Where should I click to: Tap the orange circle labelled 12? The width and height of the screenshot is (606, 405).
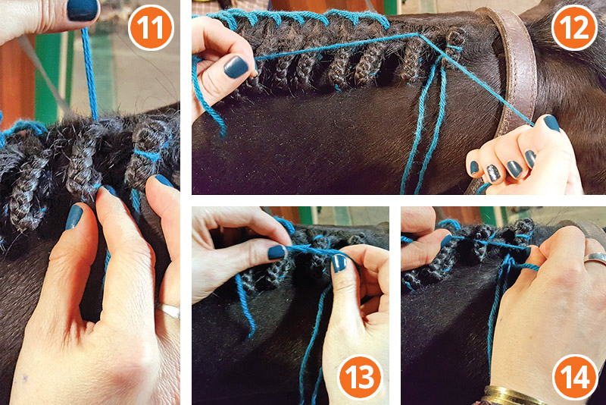tap(573, 29)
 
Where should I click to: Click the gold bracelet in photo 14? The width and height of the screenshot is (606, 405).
tap(515, 396)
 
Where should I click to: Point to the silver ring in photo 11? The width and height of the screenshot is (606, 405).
tap(168, 311)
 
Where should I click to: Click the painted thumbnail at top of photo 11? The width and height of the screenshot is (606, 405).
tap(82, 9)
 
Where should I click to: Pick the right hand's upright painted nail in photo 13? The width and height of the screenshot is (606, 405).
tap(339, 262)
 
